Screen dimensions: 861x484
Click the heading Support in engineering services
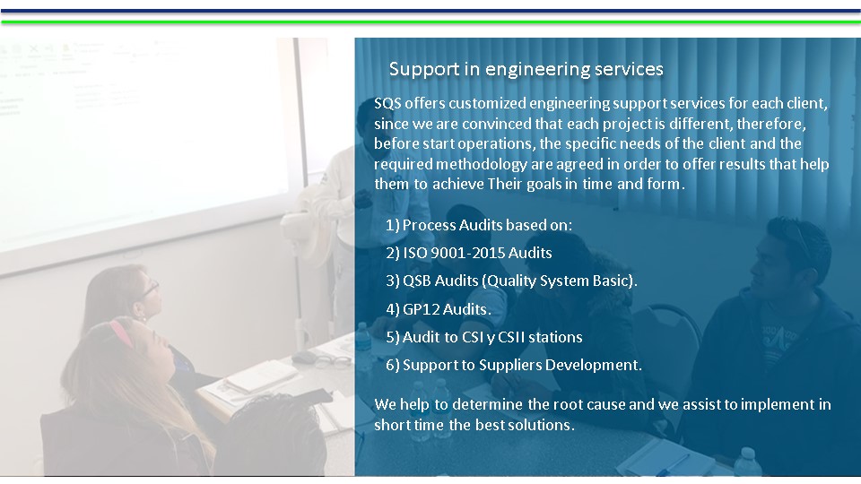point(526,70)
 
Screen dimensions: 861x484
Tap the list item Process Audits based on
point(479,225)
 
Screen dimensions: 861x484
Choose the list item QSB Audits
point(512,281)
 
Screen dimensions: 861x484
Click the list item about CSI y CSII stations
point(484,337)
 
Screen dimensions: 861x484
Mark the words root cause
point(588,404)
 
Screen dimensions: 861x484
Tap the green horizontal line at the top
point(430,22)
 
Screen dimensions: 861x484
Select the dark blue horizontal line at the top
point(430,11)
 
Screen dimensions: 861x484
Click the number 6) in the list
point(393,366)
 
